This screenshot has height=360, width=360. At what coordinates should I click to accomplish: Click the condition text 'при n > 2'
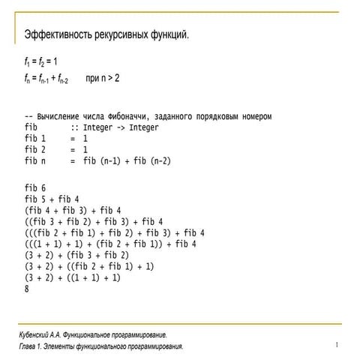click(x=103, y=78)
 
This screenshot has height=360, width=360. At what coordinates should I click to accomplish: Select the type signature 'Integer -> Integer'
click(x=120, y=127)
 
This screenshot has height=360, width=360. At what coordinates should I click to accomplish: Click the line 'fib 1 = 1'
click(x=55, y=139)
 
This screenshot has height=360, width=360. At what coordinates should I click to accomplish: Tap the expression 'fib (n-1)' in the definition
click(x=106, y=160)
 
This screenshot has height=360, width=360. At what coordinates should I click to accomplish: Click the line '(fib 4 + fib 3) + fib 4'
click(x=72, y=210)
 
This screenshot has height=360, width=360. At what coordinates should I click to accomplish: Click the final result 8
click(x=26, y=289)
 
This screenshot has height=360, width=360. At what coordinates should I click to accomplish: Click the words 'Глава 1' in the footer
click(x=32, y=346)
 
